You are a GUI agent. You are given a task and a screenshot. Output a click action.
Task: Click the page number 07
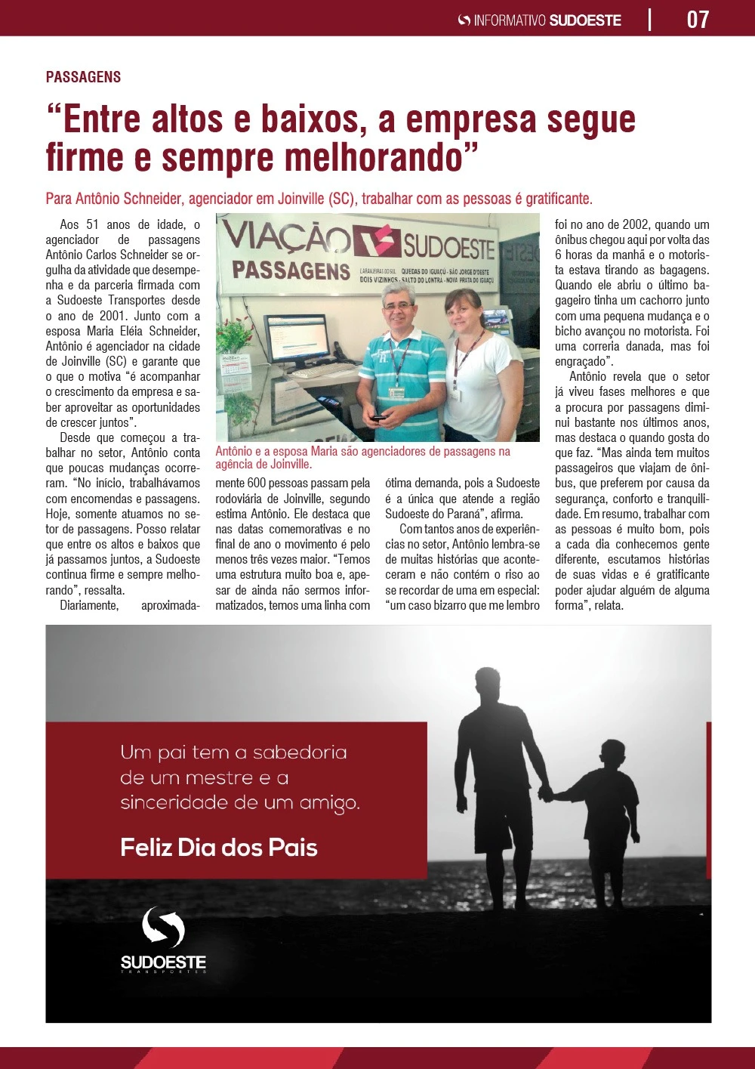tap(698, 19)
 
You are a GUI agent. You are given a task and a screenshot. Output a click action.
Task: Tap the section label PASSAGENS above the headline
tap(83, 77)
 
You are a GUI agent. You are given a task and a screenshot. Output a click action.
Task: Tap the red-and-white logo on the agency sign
tap(375, 242)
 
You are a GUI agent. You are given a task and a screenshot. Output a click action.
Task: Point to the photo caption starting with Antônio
tap(362, 458)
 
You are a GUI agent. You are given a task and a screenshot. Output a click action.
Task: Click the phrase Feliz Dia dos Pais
tap(219, 848)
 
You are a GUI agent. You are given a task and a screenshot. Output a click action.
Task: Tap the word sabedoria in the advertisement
tap(300, 752)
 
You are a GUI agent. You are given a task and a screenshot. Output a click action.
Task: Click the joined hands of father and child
tap(546, 794)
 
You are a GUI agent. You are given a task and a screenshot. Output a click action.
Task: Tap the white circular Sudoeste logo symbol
tap(163, 927)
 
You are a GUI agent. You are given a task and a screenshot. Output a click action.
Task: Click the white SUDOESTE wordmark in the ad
tap(163, 962)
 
